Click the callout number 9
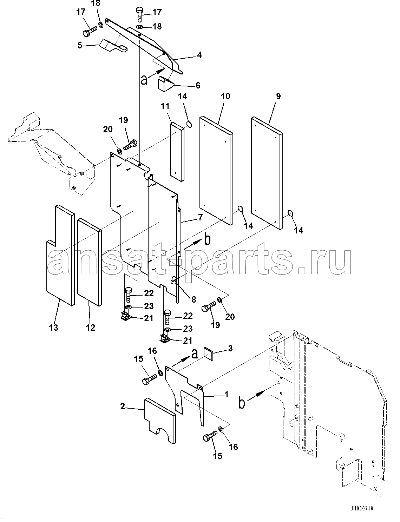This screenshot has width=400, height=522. click(x=278, y=96)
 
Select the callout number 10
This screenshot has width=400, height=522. click(x=225, y=96)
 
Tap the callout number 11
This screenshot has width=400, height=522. click(x=165, y=106)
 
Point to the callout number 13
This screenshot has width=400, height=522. click(x=54, y=327)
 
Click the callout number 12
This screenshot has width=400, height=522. click(x=90, y=327)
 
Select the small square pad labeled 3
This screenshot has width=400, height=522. click(x=208, y=354)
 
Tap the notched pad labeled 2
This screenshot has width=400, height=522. click(x=160, y=421)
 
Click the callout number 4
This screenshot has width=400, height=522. click(x=199, y=55)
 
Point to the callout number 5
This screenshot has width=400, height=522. click(x=80, y=45)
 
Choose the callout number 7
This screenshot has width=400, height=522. click(x=200, y=217)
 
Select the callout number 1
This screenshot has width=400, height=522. click(x=226, y=394)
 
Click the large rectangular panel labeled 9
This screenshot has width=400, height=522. click(x=267, y=173)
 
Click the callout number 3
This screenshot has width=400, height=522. click(x=230, y=348)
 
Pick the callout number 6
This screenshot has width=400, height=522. click(x=198, y=85)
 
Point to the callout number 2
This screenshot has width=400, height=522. click(x=123, y=407)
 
